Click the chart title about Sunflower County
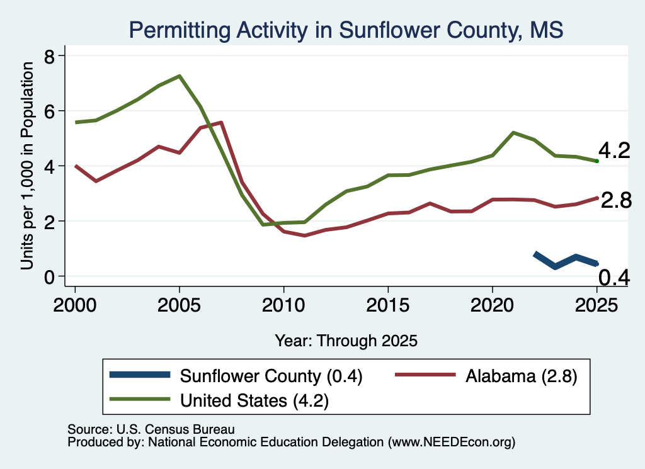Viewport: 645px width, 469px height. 346,30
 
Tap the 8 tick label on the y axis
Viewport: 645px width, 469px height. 50,56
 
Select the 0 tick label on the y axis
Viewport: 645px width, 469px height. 50,277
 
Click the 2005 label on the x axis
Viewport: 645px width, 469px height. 179,305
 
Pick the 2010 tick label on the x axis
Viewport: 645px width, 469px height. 283,305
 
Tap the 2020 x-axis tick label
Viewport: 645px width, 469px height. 492,305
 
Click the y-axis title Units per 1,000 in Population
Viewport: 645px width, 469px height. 27,166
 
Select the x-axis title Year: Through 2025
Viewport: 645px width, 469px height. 346,341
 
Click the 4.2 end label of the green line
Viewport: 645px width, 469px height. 614,150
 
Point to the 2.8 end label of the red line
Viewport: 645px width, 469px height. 616,201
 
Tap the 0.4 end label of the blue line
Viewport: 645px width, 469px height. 614,278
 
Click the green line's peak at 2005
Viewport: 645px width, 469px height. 180,76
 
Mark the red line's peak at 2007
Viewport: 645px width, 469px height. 221,123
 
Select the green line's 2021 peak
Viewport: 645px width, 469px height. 513,133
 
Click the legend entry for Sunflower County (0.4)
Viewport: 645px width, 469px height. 236,376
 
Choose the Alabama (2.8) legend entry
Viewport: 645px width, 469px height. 486,376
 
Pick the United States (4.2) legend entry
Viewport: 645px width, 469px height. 219,400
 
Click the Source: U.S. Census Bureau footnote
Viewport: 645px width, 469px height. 151,429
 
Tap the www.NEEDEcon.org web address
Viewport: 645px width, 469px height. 451,443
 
